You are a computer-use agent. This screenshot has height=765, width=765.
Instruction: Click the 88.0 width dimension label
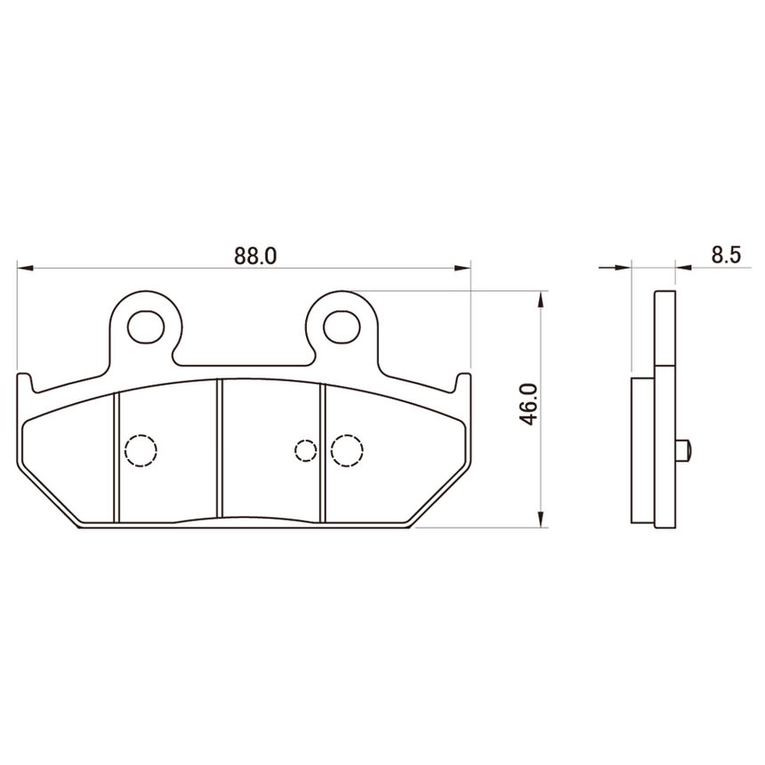point(255,255)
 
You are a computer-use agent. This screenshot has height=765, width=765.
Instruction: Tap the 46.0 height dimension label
point(529,405)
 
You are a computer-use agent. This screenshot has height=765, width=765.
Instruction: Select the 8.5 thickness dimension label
point(726,254)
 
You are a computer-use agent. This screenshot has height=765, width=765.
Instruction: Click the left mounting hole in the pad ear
point(146,326)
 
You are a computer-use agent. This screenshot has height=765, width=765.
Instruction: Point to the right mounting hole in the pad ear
point(342,326)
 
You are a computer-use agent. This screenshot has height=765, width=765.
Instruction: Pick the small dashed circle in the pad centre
point(306,450)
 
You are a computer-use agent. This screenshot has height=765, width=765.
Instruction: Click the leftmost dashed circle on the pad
point(141,451)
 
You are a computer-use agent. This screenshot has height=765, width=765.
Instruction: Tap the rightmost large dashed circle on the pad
point(347,451)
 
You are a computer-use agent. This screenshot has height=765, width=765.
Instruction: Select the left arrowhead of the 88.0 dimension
point(25,268)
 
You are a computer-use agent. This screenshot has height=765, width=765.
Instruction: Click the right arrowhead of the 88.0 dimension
point(463,268)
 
